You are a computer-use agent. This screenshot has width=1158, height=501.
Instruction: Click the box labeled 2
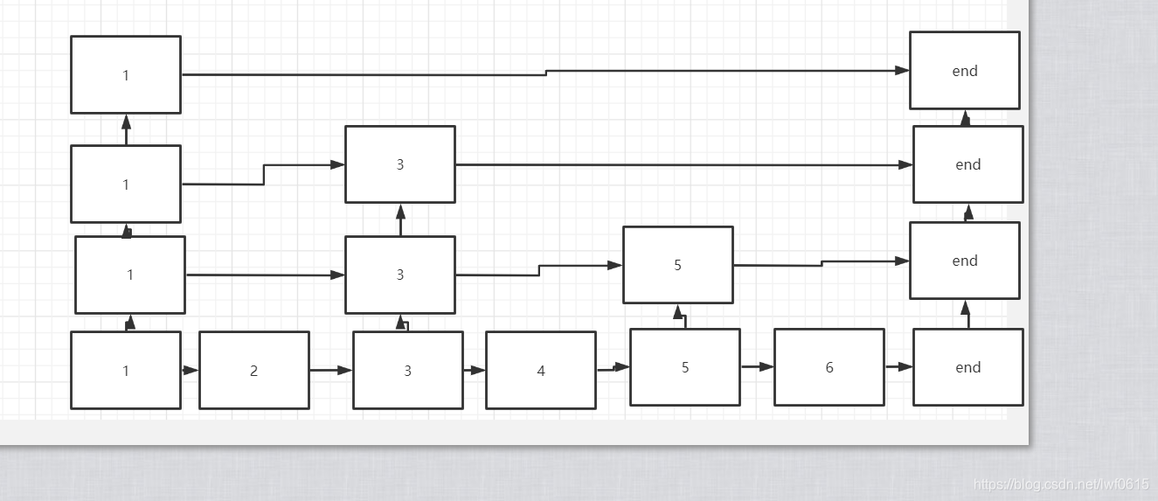[x=253, y=370]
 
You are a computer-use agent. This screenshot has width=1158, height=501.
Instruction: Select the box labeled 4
[x=540, y=370]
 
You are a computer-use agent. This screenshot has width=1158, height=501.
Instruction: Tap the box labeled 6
[x=829, y=367]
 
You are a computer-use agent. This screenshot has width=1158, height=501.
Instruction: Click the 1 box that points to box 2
[x=125, y=370]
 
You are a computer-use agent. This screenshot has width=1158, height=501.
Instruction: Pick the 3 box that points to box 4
[x=407, y=370]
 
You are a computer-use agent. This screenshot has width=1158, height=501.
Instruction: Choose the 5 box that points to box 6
[x=684, y=367]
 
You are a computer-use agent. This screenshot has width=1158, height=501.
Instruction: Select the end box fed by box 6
[x=967, y=367]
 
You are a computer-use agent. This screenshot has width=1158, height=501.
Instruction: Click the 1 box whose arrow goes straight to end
[x=125, y=74]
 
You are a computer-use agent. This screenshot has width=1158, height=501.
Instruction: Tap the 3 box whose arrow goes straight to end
[x=399, y=164]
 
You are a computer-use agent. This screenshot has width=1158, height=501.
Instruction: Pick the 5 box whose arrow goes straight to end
[x=677, y=265]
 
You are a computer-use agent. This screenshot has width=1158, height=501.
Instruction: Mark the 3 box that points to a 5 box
[x=399, y=275]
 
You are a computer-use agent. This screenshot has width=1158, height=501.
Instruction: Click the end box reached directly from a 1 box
[x=964, y=71]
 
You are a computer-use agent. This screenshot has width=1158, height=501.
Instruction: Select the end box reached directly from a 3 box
[x=967, y=164]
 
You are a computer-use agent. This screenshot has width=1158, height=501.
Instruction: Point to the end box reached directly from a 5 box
[x=964, y=261]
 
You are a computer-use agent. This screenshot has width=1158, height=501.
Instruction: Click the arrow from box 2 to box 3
[x=330, y=370]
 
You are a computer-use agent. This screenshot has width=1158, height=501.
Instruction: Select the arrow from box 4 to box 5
[x=613, y=368]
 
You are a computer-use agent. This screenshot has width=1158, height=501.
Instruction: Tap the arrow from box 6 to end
[x=898, y=367]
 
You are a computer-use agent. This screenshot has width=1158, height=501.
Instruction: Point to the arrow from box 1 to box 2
[x=190, y=370]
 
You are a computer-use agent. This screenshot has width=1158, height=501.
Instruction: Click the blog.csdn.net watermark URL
[x=1061, y=484]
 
